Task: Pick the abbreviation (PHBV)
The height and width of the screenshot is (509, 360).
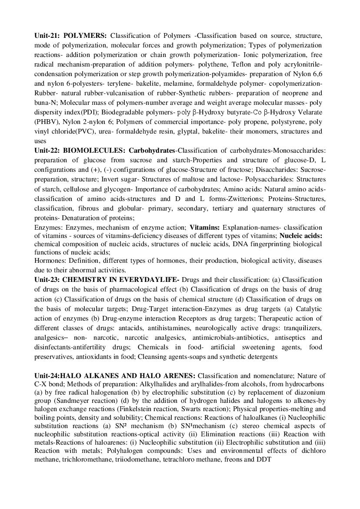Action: [x=47, y=122]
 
